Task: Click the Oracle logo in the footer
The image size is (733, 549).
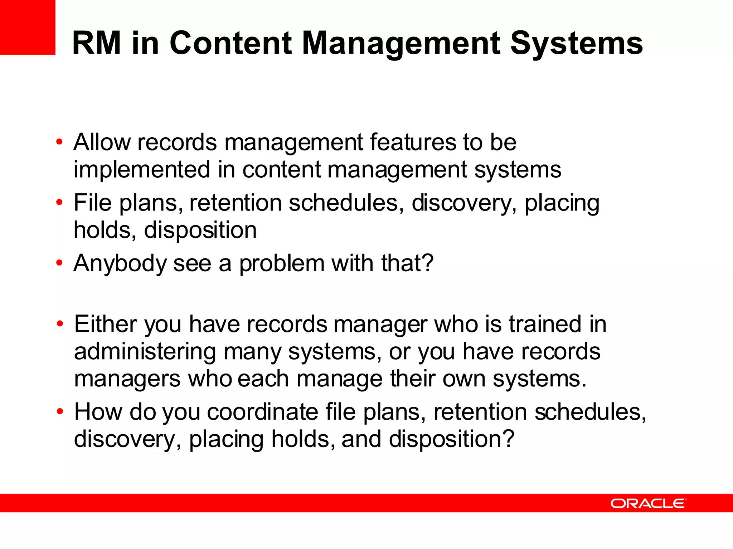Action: click(x=648, y=503)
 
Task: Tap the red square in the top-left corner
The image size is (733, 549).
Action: click(x=28, y=27)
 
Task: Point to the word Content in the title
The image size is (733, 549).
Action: click(x=231, y=43)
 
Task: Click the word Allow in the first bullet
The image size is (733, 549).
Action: click(x=102, y=142)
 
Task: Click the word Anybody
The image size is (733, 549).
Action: click(x=120, y=263)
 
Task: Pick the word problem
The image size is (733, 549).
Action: click(x=281, y=263)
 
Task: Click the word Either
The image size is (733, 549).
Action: click(x=106, y=324)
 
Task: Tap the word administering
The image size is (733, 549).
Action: click(x=145, y=352)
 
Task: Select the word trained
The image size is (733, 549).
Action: click(x=545, y=324)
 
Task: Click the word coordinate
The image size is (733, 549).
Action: click(x=262, y=412)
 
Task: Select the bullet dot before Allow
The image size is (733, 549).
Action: click(x=59, y=142)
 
